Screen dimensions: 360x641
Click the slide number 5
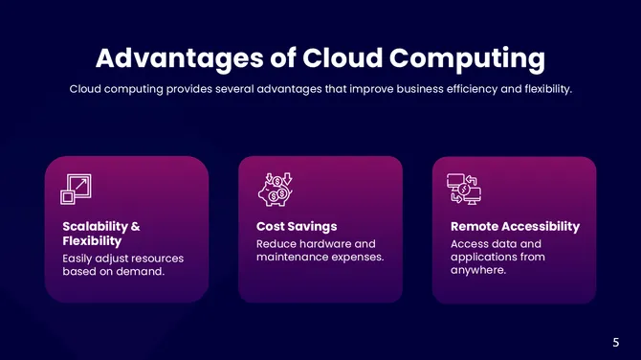[x=616, y=342]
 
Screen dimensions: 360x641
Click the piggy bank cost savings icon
[x=277, y=188]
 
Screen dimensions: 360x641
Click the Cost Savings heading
[x=297, y=227]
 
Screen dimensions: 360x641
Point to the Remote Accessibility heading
[x=515, y=227]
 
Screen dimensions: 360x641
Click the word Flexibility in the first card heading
[x=91, y=241]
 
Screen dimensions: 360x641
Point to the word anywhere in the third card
[x=478, y=271]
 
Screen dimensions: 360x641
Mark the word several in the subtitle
[x=246, y=89]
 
